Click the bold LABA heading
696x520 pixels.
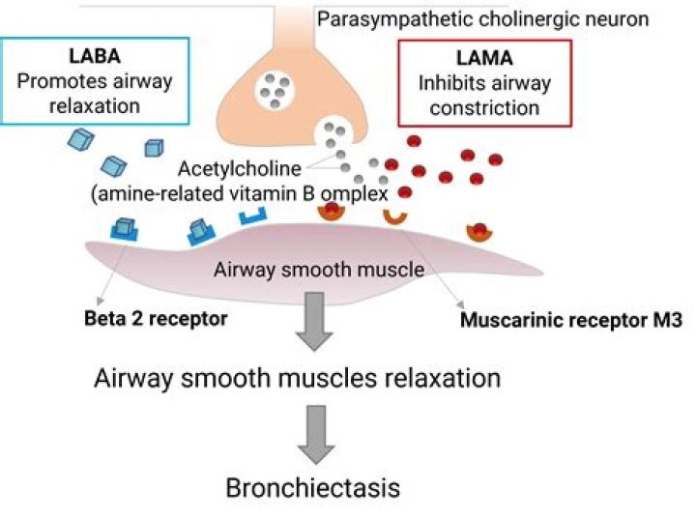click(95, 56)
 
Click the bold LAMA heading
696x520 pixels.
click(484, 58)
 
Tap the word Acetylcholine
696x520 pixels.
click(240, 168)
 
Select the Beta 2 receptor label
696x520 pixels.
click(156, 319)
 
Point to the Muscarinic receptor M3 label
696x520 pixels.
click(571, 320)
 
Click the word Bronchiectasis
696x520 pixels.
click(313, 487)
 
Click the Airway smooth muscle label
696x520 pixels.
click(319, 270)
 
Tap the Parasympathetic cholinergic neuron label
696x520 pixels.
click(483, 19)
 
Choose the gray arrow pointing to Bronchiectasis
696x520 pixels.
click(315, 434)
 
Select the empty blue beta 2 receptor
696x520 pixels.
click(253, 217)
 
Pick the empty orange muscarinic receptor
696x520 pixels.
click(395, 218)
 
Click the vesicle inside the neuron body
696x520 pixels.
click(274, 91)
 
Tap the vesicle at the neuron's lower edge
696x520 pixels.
click(333, 134)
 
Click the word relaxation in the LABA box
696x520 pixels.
click(95, 106)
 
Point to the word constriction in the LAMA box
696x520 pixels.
click(484, 108)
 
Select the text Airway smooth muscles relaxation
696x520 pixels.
click(298, 379)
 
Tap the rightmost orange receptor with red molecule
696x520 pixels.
click(479, 233)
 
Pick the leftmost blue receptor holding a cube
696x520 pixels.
click(124, 229)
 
